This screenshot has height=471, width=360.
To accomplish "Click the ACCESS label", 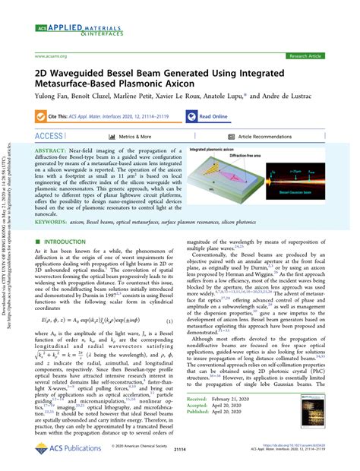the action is click(x=49, y=137).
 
